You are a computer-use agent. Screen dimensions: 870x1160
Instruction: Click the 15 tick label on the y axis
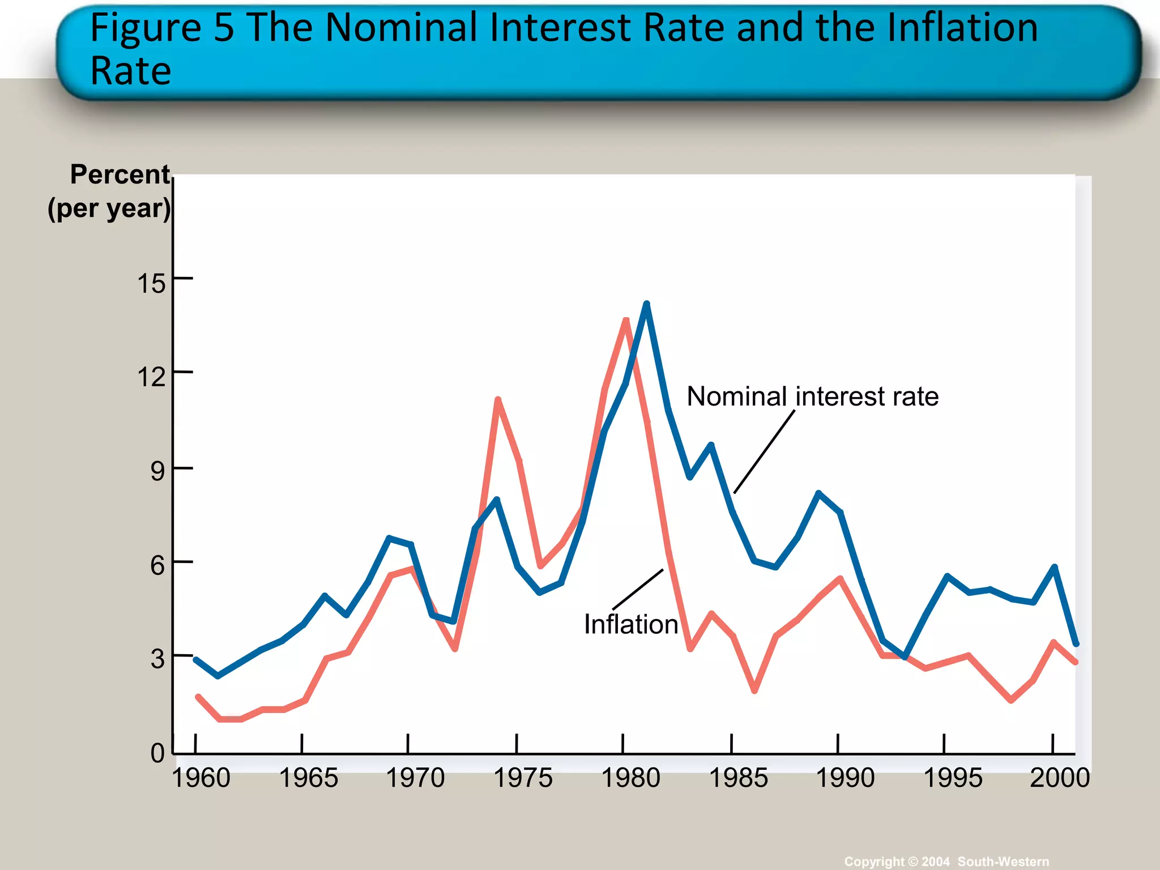point(151,283)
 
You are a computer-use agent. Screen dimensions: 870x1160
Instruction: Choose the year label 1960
point(201,778)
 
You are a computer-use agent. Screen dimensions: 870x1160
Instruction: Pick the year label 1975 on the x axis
point(523,778)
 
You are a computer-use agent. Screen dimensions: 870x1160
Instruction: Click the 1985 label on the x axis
point(739,778)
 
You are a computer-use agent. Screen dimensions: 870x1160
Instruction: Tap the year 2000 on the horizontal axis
point(1060,778)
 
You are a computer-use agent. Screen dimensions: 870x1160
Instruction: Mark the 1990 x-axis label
point(845,778)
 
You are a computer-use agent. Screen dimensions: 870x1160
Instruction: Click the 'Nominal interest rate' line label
point(812,396)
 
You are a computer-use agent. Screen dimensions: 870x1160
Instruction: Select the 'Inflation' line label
point(630,625)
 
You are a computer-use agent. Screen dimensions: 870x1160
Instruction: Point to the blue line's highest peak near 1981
point(646,304)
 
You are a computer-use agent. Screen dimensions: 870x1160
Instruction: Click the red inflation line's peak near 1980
point(626,321)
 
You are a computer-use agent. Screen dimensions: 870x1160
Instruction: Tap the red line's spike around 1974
point(497,400)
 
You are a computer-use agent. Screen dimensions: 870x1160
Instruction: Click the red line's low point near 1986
point(754,690)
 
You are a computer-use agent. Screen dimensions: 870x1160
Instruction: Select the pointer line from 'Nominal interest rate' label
point(765,451)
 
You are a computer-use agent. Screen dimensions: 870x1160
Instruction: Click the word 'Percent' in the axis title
point(120,174)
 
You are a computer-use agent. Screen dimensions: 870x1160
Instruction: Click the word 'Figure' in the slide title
point(145,28)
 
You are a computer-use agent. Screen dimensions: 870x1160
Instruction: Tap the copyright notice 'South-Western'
point(1003,862)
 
